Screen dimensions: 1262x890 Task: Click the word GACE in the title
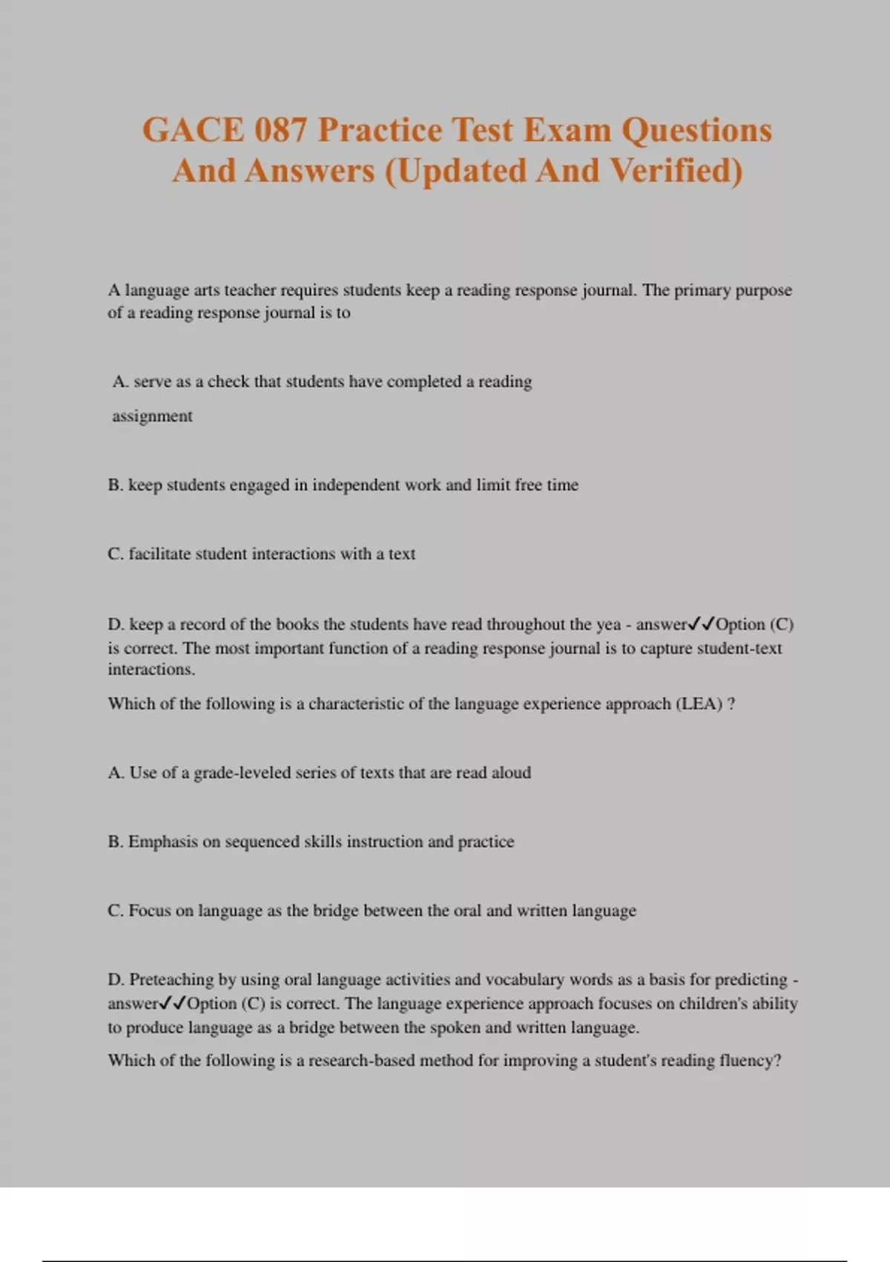point(193,131)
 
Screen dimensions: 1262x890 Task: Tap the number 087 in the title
point(280,131)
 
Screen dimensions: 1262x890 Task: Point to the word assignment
point(152,416)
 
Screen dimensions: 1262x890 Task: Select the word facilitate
point(159,554)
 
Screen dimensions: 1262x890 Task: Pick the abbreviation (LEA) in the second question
point(699,704)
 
